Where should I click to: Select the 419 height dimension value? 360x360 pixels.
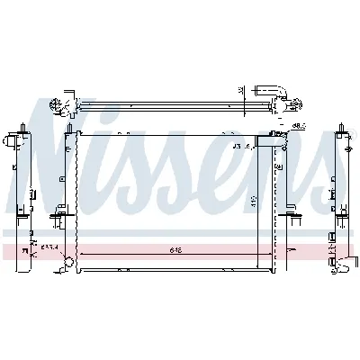[x=255, y=202]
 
